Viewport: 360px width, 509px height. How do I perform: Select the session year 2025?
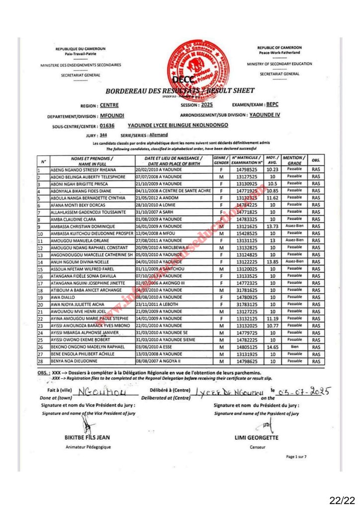(x=206, y=105)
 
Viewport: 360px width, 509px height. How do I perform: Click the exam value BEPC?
(x=273, y=105)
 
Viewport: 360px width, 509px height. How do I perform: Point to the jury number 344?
(x=103, y=135)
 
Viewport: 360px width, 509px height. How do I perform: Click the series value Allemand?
(x=159, y=135)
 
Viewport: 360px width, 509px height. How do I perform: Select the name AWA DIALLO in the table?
(x=62, y=297)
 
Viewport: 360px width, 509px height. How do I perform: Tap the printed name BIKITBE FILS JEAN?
(x=88, y=437)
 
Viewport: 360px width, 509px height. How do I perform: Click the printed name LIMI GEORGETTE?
(x=256, y=437)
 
